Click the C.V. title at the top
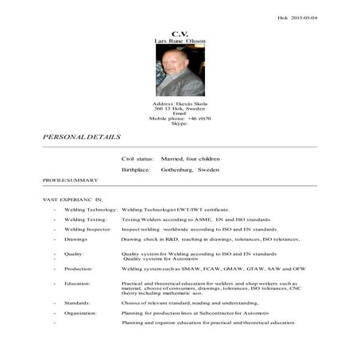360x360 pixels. [180, 33]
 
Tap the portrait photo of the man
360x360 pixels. [180, 70]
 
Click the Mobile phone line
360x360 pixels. [180, 118]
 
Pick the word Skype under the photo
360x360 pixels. [180, 123]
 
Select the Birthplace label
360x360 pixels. [136, 170]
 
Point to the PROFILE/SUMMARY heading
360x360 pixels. [71, 180]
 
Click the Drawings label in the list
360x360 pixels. [76, 239]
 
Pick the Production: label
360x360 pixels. [79, 269]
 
